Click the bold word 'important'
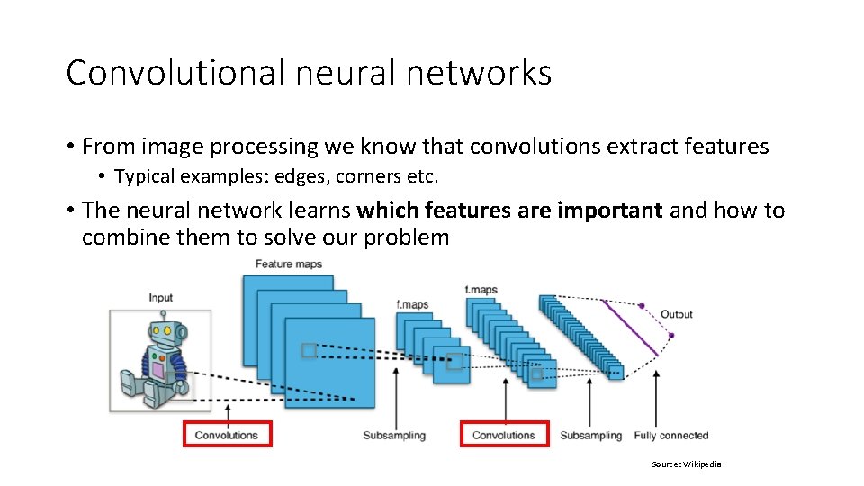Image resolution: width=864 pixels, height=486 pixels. click(x=609, y=211)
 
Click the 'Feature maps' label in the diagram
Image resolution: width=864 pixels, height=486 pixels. click(x=288, y=264)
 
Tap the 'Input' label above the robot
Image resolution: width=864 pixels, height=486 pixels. click(x=160, y=298)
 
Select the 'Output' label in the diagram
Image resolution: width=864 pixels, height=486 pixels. click(x=677, y=314)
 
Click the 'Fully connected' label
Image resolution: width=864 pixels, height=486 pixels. click(x=671, y=436)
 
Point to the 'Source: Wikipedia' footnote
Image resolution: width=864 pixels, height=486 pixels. click(x=687, y=464)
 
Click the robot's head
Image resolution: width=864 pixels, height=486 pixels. click(x=163, y=335)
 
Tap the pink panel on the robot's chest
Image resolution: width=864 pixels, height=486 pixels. click(x=157, y=369)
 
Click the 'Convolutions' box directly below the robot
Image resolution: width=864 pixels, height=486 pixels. click(x=227, y=435)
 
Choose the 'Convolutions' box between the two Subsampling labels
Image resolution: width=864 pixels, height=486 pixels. click(x=504, y=435)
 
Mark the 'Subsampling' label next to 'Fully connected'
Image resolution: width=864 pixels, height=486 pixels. click(x=590, y=436)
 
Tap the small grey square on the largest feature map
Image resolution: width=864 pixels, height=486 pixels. click(x=309, y=350)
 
